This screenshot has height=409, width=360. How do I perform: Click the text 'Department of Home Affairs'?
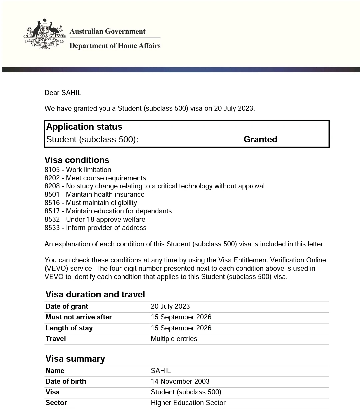coord(115,46)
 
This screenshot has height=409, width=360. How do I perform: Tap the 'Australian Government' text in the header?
coord(107,31)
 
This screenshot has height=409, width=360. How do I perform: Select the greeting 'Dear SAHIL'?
coord(63,93)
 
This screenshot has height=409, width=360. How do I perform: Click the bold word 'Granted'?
coord(260,139)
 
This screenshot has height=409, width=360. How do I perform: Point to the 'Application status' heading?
coord(84,127)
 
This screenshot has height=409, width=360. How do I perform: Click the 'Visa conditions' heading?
coord(77,160)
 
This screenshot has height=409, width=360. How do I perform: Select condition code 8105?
coord(52,170)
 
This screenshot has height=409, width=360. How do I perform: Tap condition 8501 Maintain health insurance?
coord(95,194)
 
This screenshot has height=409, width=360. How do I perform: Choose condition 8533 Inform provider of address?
coord(96,228)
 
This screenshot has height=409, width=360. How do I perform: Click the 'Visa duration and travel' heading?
coord(95,294)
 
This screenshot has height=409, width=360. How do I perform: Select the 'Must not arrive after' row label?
coord(79,317)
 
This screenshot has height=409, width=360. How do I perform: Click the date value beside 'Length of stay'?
coord(181,328)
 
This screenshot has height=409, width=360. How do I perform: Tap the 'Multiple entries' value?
coord(174,339)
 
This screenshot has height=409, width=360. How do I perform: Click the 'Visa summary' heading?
coord(75,359)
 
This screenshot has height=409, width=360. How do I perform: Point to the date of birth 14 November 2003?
coord(180,381)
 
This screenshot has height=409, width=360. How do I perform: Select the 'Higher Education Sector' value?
coord(188,403)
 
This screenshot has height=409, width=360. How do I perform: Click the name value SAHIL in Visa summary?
coord(161,371)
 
